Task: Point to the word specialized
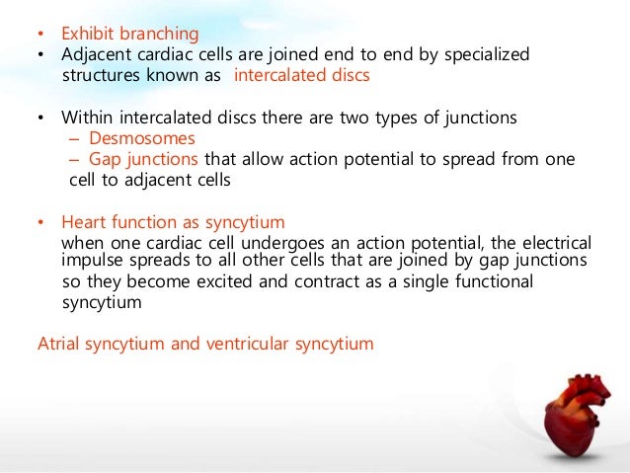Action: coord(484,54)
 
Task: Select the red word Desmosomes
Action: coord(142,139)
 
